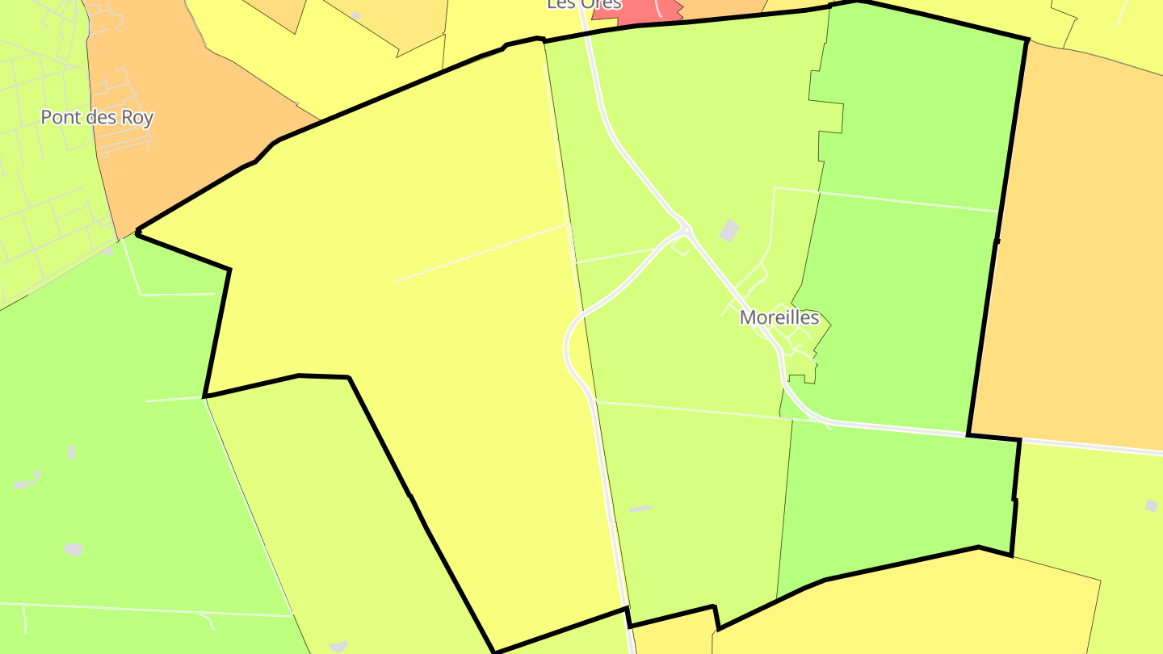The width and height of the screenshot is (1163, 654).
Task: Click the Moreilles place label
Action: pyautogui.click(x=779, y=318)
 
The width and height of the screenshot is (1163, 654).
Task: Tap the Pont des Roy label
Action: pyautogui.click(x=97, y=118)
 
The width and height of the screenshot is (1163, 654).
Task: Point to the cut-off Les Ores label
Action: pyautogui.click(x=584, y=4)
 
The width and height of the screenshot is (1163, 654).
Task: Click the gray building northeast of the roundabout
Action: pyautogui.click(x=729, y=231)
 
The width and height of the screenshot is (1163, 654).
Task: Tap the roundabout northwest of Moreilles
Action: pyautogui.click(x=686, y=231)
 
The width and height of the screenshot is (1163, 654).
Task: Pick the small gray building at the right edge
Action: pyautogui.click(x=1151, y=505)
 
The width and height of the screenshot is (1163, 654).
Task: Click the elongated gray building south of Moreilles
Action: pyautogui.click(x=640, y=509)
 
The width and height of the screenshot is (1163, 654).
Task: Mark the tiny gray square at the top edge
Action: pyautogui.click(x=355, y=15)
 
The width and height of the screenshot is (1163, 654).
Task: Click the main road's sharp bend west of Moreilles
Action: pyautogui.click(x=568, y=347)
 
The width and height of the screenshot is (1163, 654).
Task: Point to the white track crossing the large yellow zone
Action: pyautogui.click(x=481, y=254)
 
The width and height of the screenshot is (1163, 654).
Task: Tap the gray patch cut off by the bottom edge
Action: pyautogui.click(x=338, y=647)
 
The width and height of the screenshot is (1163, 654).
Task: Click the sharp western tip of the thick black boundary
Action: pyautogui.click(x=137, y=233)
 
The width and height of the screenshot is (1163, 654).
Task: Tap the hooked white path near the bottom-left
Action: pyautogui.click(x=208, y=621)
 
